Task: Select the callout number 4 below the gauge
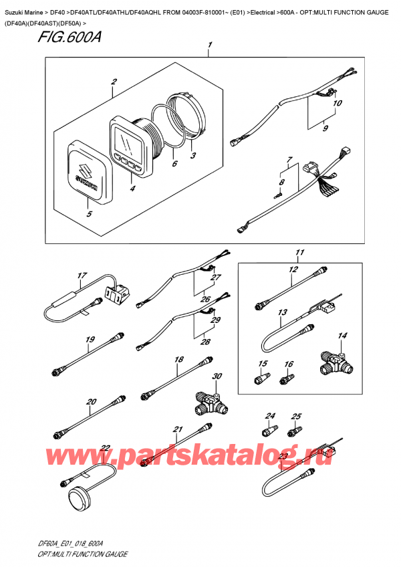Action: pos(131,189)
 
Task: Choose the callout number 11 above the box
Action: pos(299,253)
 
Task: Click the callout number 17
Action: pos(82,275)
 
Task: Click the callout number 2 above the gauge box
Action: pos(114,82)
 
